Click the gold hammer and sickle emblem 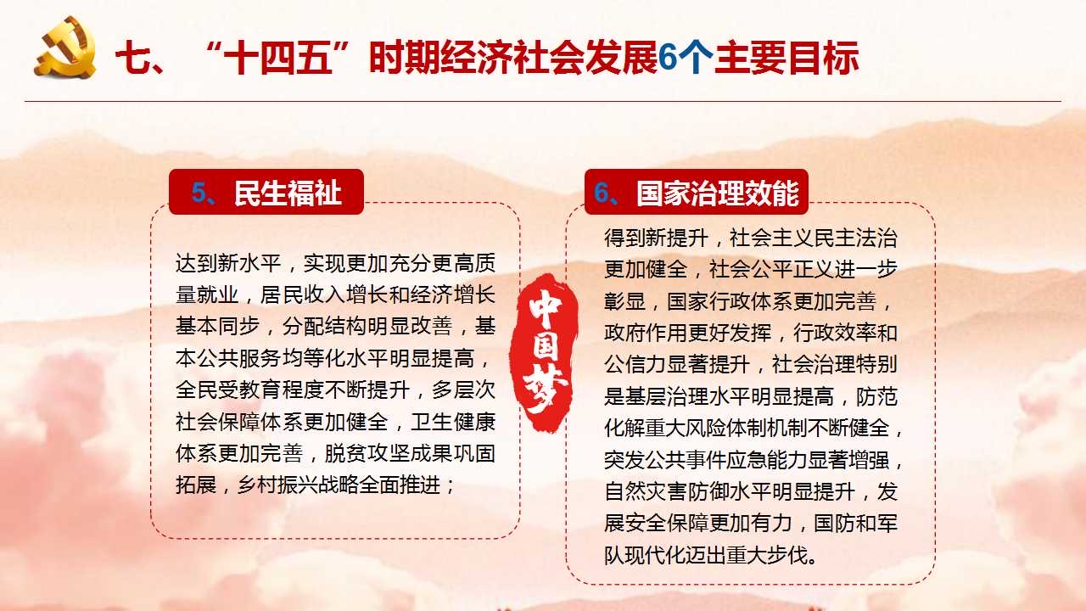pos(65,47)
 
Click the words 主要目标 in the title pos(787,58)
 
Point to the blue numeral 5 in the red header pos(199,192)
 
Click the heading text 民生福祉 pos(288,193)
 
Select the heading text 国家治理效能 pos(718,193)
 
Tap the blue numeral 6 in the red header pos(602,192)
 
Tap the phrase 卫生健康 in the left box pos(453,422)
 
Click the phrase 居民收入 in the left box pos(302,294)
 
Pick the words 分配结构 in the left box pos(324,327)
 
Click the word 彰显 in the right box pos(625,301)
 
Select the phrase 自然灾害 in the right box pos(646,491)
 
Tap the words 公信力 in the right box pos(635,365)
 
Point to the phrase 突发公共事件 pos(667,460)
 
